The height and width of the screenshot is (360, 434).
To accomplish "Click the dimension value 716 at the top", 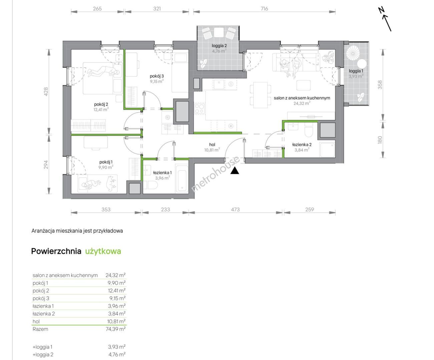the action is click(264, 9).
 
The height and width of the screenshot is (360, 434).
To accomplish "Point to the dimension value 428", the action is click(46, 91).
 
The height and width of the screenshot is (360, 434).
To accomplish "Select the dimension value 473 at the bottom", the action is click(235, 209).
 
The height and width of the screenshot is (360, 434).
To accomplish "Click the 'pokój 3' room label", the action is click(157, 76).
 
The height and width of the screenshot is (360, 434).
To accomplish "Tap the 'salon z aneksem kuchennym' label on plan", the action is click(302, 98).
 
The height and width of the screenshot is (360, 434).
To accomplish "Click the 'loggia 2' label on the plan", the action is click(219, 45).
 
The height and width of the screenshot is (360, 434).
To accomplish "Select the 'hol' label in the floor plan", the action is click(212, 144).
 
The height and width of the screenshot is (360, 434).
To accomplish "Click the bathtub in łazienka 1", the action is click(182, 178).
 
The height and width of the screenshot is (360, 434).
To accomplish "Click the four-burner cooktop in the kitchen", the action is click(199, 109).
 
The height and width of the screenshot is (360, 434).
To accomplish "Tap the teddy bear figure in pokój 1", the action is click(110, 183).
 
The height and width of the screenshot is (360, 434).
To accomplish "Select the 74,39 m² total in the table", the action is click(115, 329).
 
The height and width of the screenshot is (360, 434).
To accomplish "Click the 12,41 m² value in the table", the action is click(117, 290).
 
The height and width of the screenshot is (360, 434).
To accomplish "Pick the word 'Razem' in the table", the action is click(40, 329).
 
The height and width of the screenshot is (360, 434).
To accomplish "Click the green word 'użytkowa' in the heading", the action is click(103, 251).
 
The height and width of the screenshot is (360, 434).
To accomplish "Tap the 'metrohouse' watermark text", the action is click(215, 174).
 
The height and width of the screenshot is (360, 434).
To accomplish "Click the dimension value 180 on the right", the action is click(380, 140).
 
